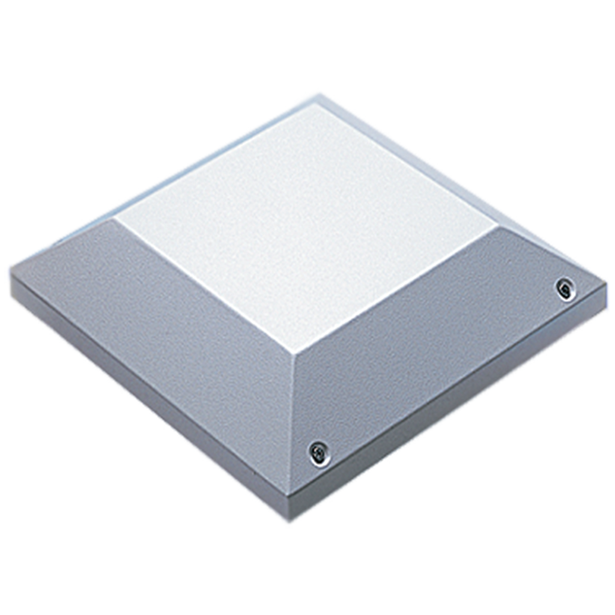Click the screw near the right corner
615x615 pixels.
[565, 289]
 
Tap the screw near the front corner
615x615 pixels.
[319, 453]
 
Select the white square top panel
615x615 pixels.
[306, 222]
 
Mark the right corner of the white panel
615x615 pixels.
[497, 227]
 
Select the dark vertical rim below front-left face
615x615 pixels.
[150, 408]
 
